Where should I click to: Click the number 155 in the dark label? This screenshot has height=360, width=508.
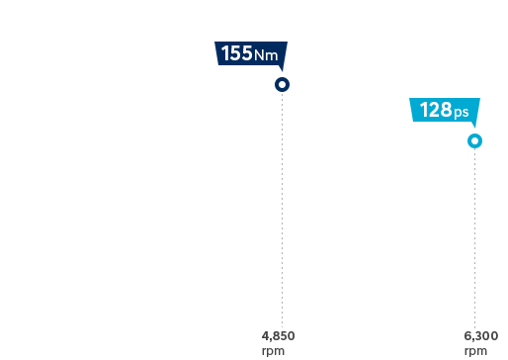point(236,54)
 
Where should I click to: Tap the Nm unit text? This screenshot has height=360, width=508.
point(266,56)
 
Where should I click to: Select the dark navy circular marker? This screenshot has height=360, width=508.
point(282,85)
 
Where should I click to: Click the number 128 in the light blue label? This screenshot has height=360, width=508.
point(435,111)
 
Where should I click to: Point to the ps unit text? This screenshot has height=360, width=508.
point(462,113)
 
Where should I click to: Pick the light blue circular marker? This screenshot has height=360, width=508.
point(475,141)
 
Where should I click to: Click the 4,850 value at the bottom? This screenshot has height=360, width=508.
point(279,336)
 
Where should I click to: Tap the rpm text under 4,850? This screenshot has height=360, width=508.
point(272,350)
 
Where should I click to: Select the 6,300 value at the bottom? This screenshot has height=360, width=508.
point(480,336)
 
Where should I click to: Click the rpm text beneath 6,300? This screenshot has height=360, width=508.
point(475,350)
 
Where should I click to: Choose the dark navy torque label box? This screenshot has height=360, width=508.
point(251,56)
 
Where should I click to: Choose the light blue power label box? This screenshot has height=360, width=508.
point(444,113)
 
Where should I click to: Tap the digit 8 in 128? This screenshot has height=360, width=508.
point(446,111)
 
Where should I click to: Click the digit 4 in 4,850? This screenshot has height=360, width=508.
point(266,336)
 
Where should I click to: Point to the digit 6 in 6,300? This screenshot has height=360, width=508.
point(467,336)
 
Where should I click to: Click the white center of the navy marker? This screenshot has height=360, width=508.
point(282,85)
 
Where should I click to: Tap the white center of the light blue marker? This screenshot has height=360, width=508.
point(475,141)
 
